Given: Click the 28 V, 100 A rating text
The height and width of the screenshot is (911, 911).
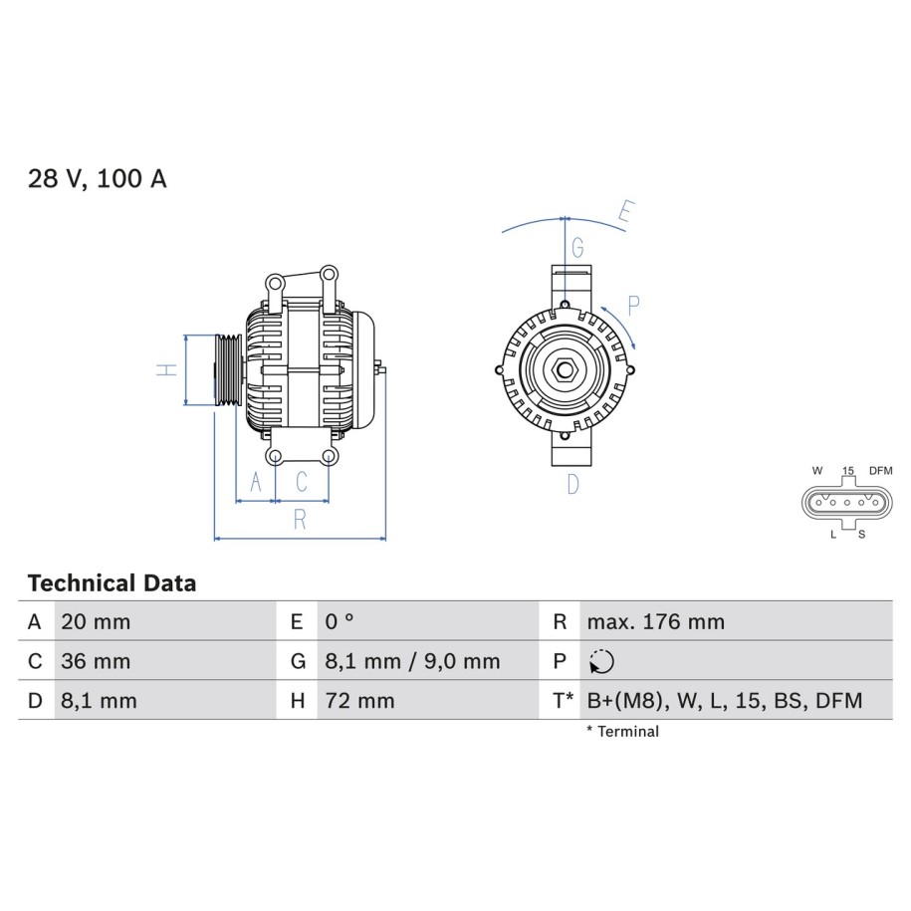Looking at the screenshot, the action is (97, 178).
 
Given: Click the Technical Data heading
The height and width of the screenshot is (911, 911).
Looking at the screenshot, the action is (113, 583).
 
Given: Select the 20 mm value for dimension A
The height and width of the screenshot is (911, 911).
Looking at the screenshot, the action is (96, 622).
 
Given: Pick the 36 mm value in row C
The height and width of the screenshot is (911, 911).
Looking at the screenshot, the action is (96, 662).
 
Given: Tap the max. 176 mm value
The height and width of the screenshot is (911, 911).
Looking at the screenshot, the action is (656, 622).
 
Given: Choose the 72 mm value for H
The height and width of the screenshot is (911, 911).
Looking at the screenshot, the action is (360, 701).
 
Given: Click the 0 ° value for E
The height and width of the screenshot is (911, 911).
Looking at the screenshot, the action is (340, 622).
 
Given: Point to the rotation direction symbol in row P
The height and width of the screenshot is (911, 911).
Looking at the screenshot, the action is (601, 662).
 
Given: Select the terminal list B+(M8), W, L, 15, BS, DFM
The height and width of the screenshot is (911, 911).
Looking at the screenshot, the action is (725, 701).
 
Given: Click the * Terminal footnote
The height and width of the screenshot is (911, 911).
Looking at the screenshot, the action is (623, 732).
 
